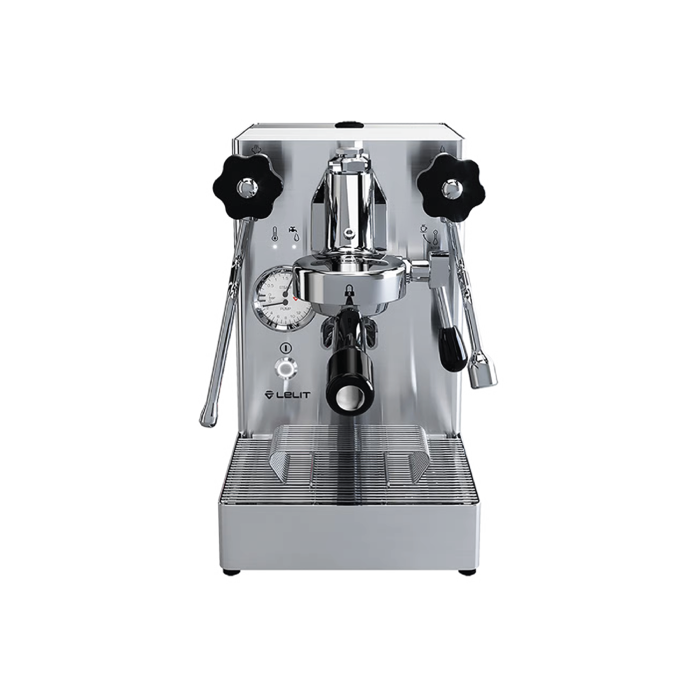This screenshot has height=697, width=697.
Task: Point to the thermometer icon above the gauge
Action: (x=275, y=234)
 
